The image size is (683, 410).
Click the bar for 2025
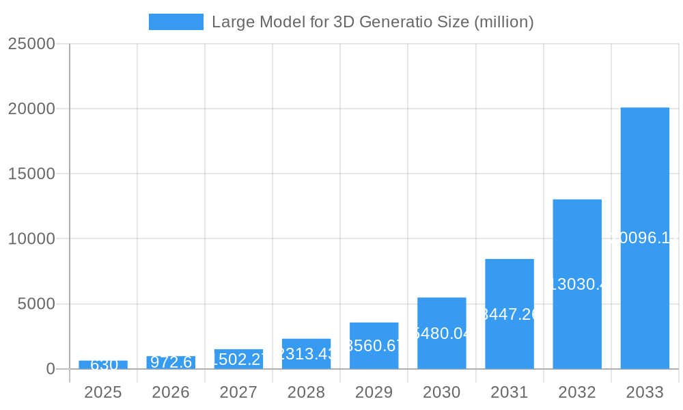pos(103,365)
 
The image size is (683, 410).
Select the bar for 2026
pos(171,362)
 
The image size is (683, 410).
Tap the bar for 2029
pos(374,345)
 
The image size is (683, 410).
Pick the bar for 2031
pos(510,314)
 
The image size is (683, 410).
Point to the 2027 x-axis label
pos(238,392)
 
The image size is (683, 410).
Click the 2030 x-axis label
pos(442,392)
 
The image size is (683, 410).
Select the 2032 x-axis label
pos(577,392)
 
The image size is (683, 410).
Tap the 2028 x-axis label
pos(306,392)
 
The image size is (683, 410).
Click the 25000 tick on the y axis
pos(31,44)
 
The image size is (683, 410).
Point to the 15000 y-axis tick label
pos(31,174)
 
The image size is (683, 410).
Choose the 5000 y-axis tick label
pos(36,304)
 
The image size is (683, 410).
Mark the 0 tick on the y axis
pos(51,369)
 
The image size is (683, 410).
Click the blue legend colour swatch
pos(176,22)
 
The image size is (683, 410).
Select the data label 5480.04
pos(442,333)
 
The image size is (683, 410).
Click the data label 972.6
pos(171,362)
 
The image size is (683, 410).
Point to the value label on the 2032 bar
pos(577,284)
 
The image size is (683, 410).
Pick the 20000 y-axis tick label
pos(31,109)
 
